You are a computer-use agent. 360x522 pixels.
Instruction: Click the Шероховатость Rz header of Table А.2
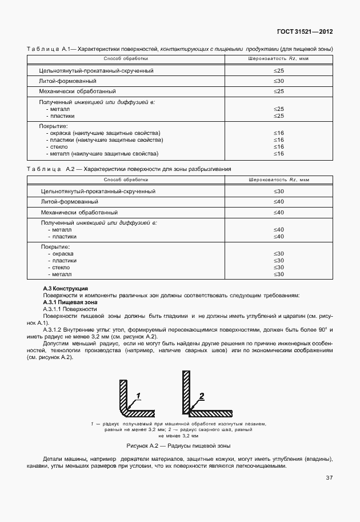point(278,180)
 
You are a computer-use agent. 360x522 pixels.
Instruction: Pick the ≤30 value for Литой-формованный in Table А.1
point(278,81)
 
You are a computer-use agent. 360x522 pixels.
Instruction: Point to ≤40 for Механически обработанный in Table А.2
point(278,212)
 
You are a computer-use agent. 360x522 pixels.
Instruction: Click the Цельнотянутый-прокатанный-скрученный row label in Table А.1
point(96,70)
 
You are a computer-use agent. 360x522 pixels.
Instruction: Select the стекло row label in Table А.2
point(60,268)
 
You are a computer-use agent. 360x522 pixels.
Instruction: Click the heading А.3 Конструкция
point(65,288)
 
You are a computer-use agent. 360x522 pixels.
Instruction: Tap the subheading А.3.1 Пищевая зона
point(70,302)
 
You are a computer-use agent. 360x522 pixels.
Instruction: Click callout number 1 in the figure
point(139,396)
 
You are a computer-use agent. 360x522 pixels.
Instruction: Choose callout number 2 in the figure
point(201,396)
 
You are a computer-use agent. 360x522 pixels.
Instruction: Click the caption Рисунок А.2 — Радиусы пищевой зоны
point(178,445)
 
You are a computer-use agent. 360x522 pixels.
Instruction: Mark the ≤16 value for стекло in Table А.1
point(278,146)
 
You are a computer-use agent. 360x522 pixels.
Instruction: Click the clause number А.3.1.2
point(56,330)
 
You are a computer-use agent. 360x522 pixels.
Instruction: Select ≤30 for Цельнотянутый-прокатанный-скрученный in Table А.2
point(278,191)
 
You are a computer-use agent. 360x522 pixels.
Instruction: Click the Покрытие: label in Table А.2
point(54,246)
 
